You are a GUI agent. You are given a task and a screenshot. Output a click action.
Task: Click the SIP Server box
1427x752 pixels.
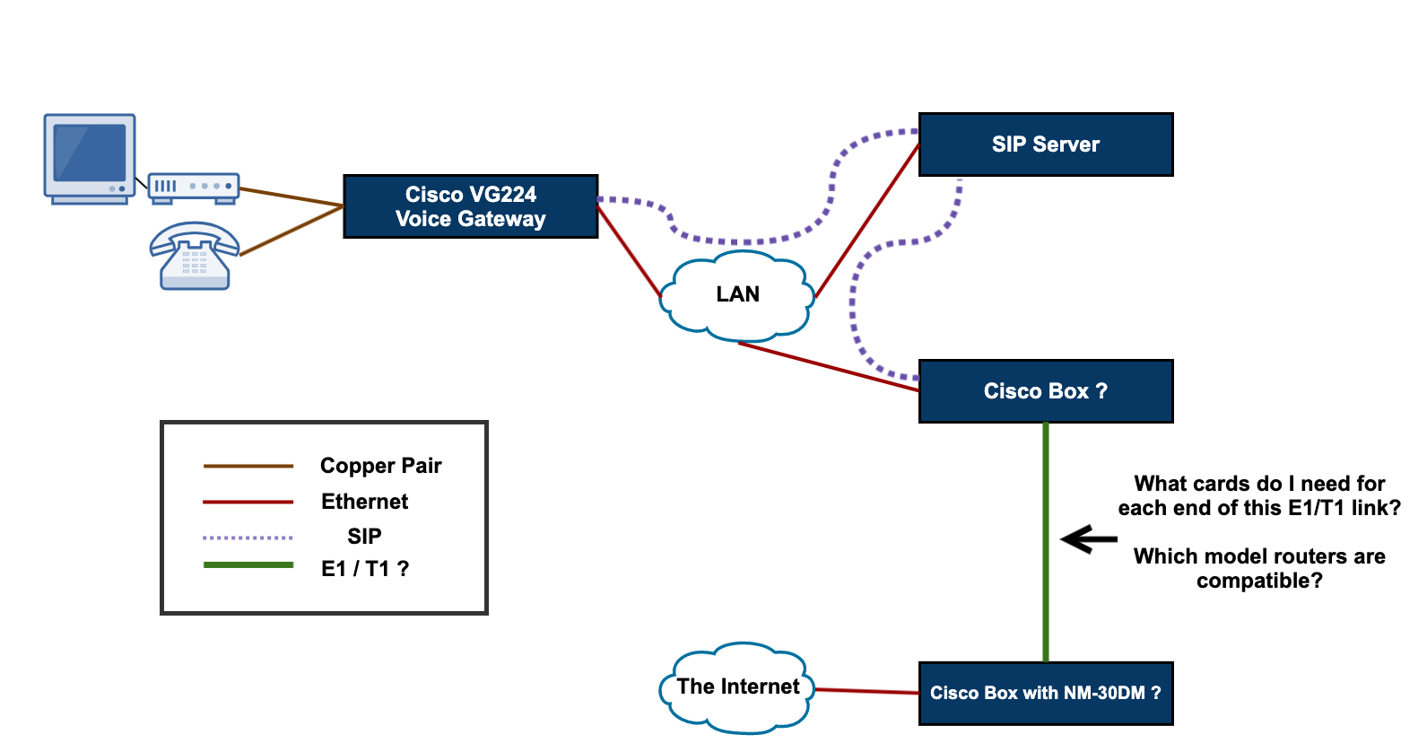tap(1046, 144)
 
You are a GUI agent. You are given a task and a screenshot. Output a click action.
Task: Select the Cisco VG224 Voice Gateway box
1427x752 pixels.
tap(470, 206)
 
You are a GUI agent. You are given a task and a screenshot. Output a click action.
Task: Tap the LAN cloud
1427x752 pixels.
tap(737, 295)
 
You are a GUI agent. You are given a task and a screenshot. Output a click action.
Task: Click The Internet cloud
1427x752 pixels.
tap(737, 687)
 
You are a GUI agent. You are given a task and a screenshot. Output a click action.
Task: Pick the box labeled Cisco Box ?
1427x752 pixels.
tap(1046, 391)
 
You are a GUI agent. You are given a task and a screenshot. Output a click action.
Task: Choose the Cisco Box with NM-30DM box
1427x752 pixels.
tap(1046, 693)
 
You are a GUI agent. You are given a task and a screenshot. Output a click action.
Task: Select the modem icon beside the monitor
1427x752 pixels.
tap(193, 187)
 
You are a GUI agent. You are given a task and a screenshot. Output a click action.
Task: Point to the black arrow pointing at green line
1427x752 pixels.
tap(1088, 539)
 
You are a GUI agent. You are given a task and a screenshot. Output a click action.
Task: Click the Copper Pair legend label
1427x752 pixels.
tap(380, 466)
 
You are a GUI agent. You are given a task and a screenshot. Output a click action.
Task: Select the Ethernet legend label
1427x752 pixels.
tap(364, 502)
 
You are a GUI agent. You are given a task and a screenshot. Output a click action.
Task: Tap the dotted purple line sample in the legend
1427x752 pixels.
tap(248, 538)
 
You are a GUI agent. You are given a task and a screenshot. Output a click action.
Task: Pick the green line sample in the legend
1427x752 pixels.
tap(248, 565)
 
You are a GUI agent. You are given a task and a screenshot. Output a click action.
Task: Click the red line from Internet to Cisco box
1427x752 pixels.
tap(866, 691)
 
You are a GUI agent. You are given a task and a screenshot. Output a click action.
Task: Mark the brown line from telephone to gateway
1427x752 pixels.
tap(291, 231)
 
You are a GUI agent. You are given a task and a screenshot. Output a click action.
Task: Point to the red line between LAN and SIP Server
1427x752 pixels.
tap(866, 220)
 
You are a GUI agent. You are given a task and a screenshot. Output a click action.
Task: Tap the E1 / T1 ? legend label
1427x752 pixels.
tap(364, 569)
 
